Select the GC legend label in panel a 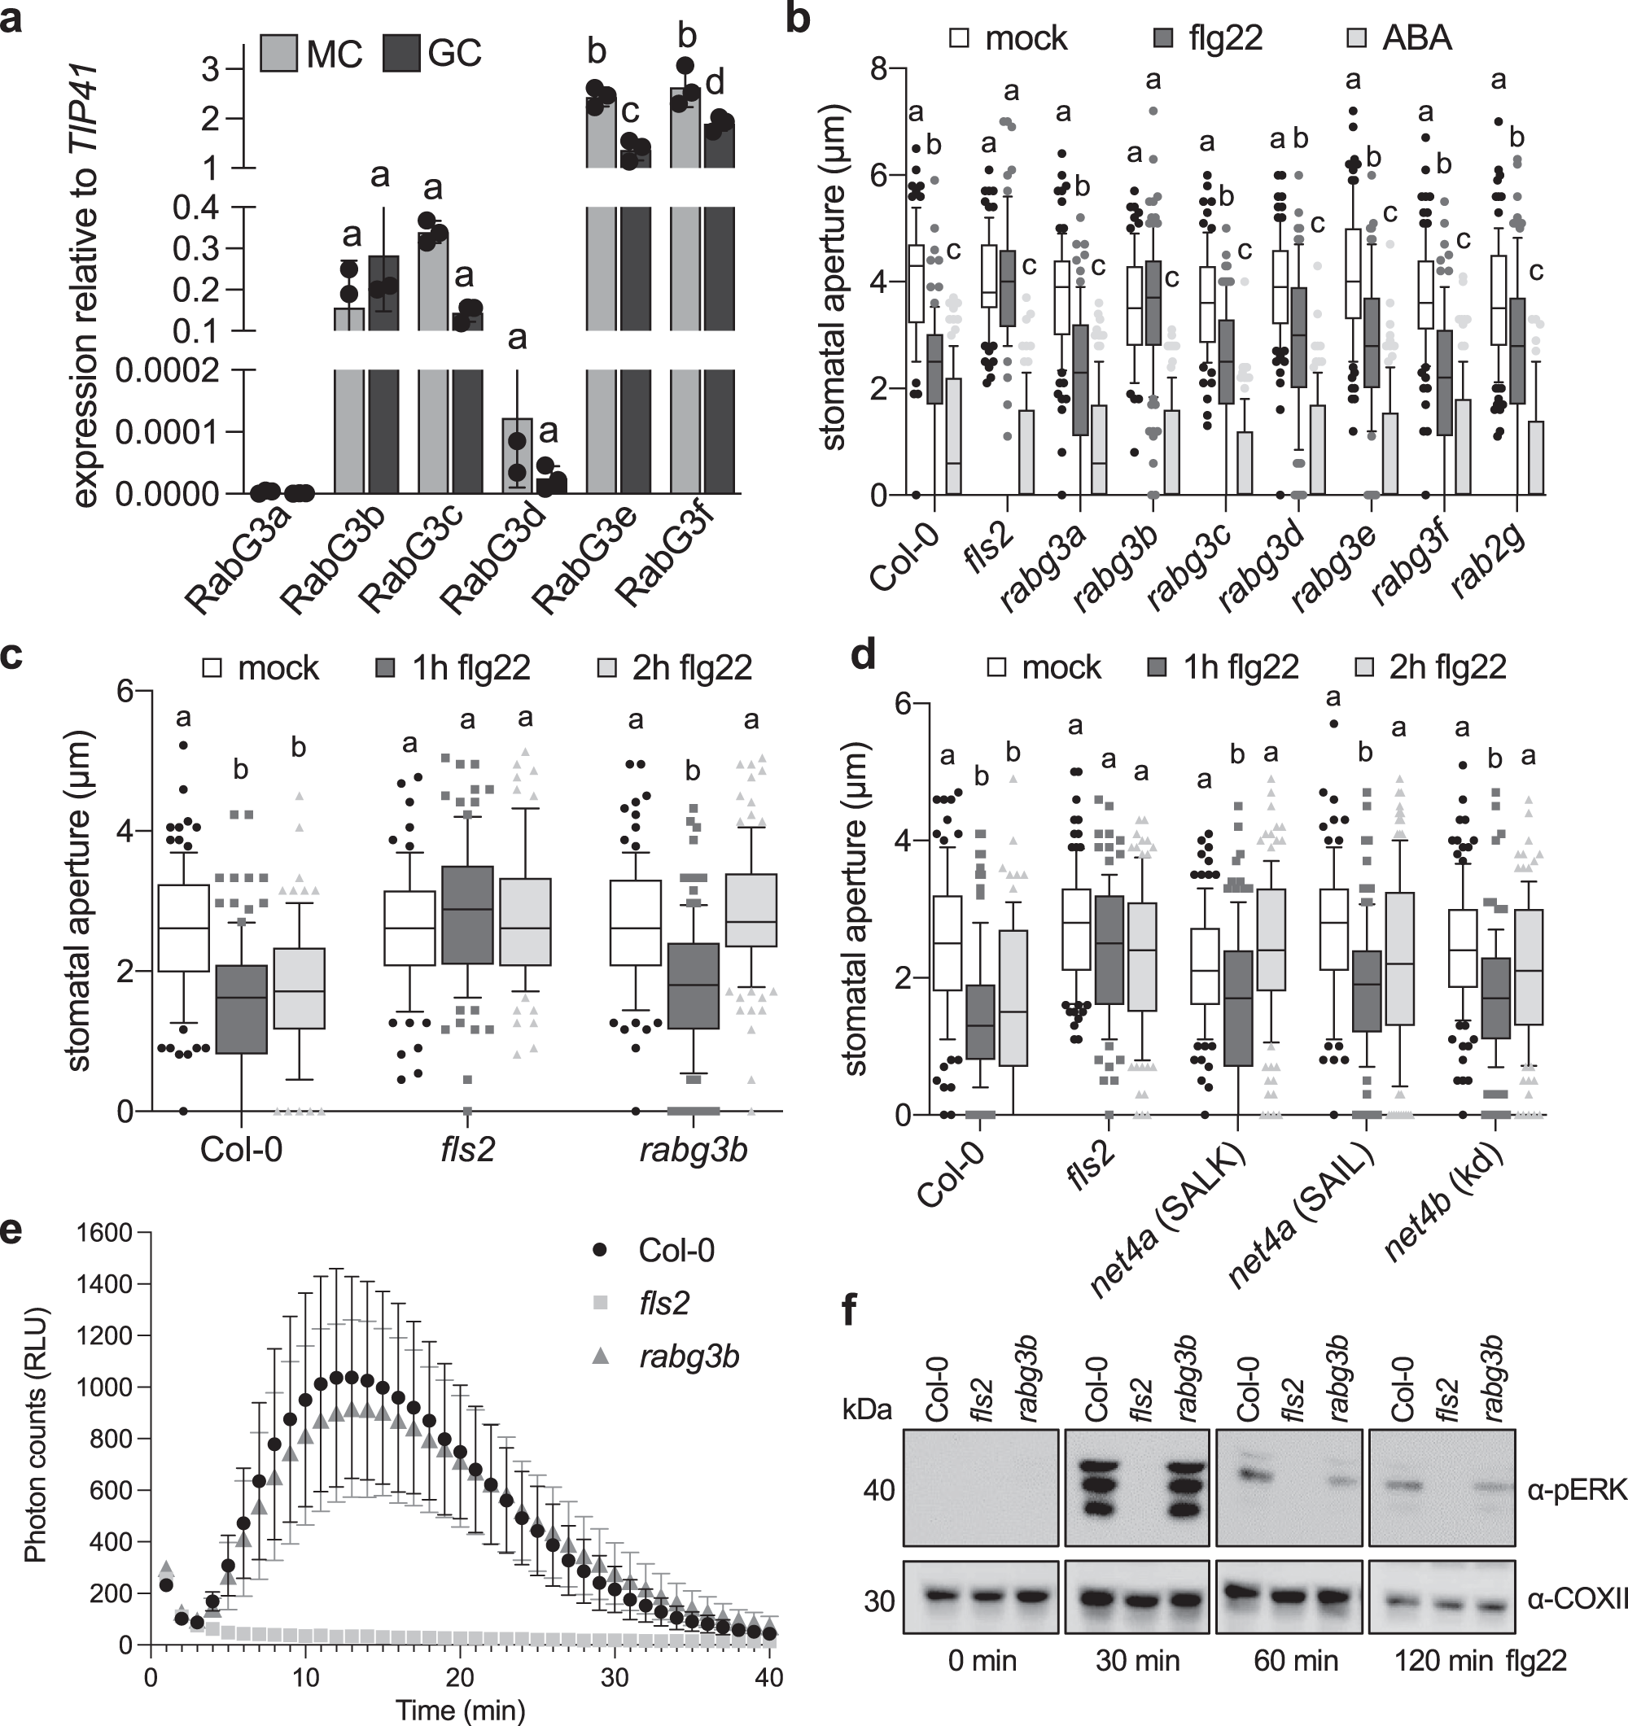[x=453, y=53]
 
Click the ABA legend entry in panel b [x=1416, y=38]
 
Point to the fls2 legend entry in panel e [x=664, y=1303]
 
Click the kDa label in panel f [x=867, y=1409]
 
